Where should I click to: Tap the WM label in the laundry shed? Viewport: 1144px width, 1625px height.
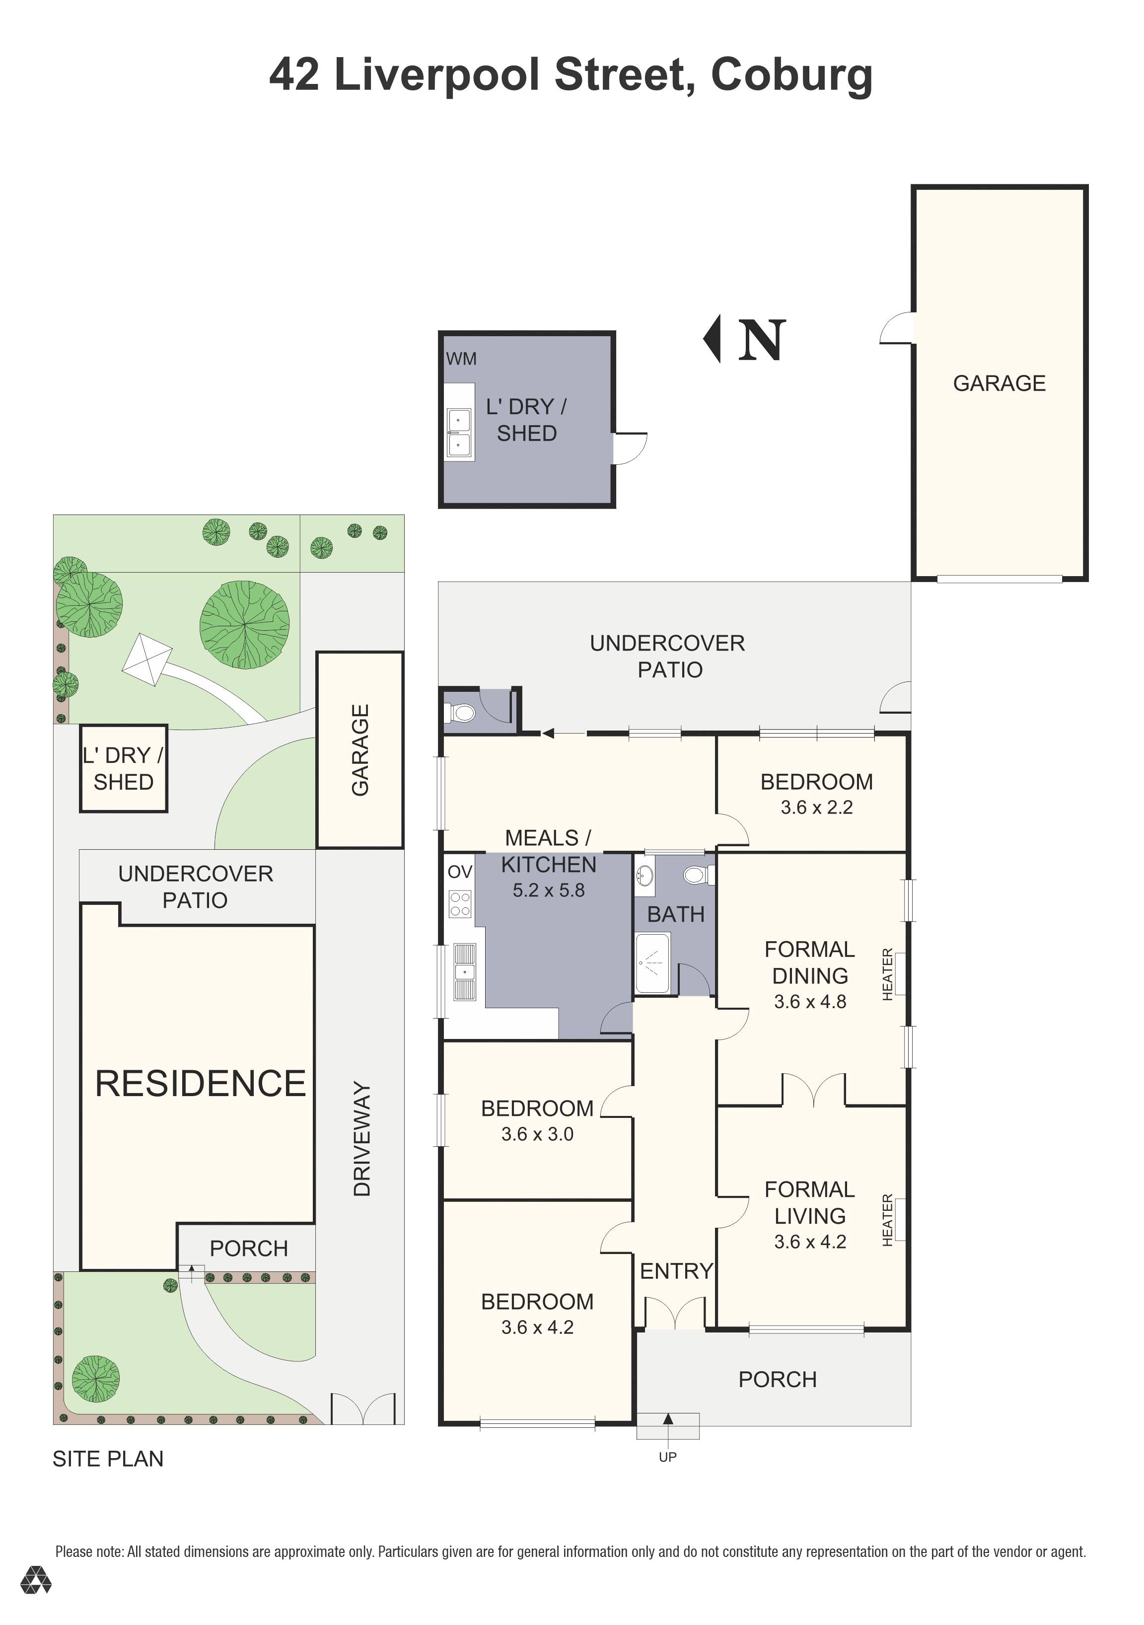point(461,359)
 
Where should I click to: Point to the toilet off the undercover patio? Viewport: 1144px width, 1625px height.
point(462,712)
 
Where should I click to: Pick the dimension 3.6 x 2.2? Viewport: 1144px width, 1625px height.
point(816,807)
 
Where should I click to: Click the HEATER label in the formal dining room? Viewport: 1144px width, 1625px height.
point(888,974)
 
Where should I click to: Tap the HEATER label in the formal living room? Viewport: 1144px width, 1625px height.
point(888,1220)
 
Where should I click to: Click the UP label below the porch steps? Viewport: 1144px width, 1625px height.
point(667,1457)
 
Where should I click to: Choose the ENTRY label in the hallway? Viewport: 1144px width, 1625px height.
point(676,1270)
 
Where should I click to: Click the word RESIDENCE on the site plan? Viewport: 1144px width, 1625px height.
point(200,1084)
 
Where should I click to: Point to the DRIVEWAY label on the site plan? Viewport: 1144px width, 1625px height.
point(361,1139)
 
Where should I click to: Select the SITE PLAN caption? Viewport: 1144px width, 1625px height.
point(108,1459)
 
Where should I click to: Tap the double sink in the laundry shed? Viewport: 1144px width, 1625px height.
point(458,432)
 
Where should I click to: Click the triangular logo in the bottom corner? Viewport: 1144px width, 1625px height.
point(35,1600)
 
